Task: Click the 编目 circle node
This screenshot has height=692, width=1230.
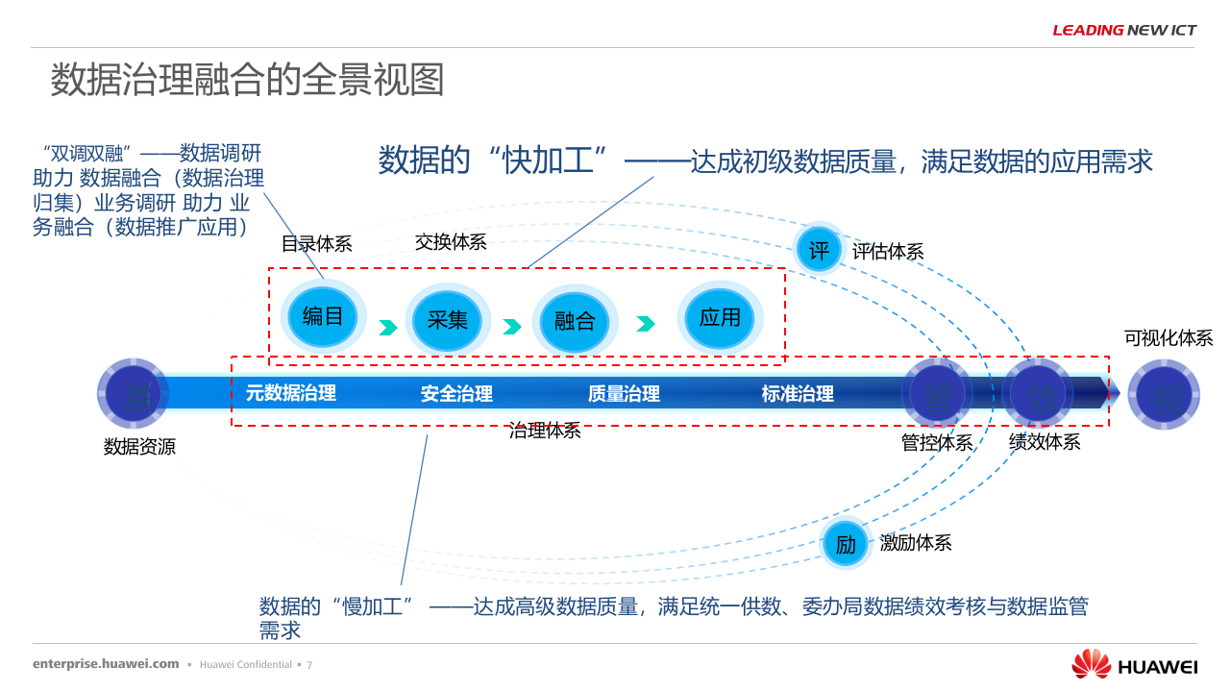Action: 323,316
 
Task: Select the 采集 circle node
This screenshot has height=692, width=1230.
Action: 447,320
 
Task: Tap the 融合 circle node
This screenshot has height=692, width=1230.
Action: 575,321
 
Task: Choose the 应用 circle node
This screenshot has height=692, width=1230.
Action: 720,318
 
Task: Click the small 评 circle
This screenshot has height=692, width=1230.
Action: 819,251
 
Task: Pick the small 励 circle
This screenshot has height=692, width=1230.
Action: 845,544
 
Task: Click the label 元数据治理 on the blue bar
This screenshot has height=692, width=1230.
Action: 291,392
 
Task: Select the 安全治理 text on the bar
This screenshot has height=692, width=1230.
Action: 456,393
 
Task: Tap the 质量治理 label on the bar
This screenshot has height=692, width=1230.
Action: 624,393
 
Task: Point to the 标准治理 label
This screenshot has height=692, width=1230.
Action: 798,393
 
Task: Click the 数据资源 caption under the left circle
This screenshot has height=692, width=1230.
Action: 139,447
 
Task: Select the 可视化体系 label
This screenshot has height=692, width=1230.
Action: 1168,338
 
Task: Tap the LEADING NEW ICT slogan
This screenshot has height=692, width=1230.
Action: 1124,30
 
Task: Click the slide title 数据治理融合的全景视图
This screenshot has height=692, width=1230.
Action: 247,80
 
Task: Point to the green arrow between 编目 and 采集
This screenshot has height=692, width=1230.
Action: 387,328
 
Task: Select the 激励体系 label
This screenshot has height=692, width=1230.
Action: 916,543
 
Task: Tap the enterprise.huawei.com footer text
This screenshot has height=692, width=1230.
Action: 106,664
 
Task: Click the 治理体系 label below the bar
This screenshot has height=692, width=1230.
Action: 545,431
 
